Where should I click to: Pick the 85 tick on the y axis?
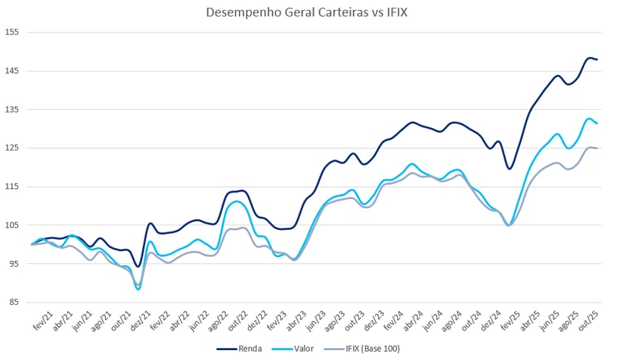[x=13, y=303]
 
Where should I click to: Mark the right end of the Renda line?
[x=597, y=59]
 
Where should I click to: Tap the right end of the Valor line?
[x=597, y=123]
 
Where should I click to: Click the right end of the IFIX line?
[x=597, y=148]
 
